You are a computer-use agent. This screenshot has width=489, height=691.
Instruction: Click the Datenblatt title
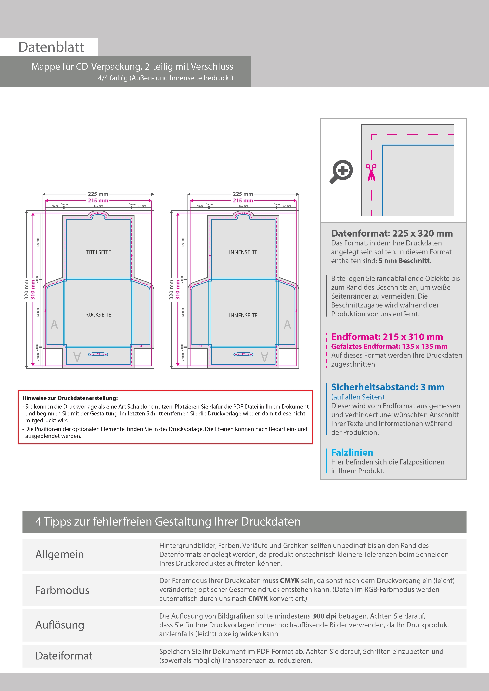tap(51, 47)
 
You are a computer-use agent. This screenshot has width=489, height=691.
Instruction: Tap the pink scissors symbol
tap(371, 172)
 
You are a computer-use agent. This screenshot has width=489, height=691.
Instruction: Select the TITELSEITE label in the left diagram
tap(98, 252)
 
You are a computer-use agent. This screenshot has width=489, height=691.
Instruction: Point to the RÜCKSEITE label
tap(98, 315)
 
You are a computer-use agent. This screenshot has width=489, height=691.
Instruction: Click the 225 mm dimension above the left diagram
tap(98, 194)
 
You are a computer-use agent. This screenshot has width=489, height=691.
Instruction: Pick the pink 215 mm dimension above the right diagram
tap(243, 201)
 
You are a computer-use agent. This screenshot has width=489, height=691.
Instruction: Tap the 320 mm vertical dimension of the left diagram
tap(26, 290)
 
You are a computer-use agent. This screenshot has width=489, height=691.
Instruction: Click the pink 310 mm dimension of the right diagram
tap(178, 290)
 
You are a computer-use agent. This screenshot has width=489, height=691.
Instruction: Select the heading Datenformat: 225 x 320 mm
tap(392, 233)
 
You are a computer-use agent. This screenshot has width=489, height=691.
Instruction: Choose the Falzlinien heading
tap(352, 452)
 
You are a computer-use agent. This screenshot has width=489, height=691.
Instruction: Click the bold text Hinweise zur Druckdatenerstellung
tap(70, 398)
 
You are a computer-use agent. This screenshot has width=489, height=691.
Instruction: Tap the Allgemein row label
tap(60, 554)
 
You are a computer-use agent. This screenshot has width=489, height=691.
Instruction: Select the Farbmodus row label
tap(62, 590)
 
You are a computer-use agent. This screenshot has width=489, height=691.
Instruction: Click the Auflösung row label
tap(60, 624)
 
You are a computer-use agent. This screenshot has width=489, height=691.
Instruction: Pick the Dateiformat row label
tap(64, 656)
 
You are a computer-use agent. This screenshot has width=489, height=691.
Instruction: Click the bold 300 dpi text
tap(324, 616)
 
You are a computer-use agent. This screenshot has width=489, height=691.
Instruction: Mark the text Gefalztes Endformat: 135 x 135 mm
tap(389, 346)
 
